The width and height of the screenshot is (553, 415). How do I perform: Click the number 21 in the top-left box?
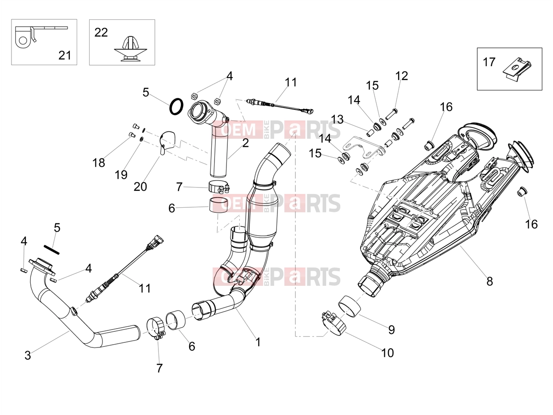click(65, 55)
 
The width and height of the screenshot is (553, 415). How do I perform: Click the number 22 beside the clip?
click(101, 33)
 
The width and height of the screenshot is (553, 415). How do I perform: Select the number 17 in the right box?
click(489, 62)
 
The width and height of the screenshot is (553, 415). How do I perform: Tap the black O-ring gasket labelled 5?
click(176, 106)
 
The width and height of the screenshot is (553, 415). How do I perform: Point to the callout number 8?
click(490, 281)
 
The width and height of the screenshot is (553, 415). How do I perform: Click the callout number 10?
click(388, 353)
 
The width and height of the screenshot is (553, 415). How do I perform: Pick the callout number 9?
click(391, 330)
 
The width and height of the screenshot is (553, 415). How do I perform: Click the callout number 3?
click(28, 355)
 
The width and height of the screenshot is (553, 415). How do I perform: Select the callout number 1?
click(258, 342)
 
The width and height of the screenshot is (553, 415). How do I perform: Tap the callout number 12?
click(401, 76)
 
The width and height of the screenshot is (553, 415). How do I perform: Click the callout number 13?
click(337, 119)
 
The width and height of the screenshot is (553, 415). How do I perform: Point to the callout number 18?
click(98, 163)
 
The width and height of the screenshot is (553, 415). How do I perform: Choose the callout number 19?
click(121, 175)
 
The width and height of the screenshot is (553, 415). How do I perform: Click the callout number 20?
click(140, 187)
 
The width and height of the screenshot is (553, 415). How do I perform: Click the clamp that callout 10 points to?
click(334, 324)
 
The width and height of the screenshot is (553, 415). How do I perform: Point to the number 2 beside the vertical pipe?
click(245, 143)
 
